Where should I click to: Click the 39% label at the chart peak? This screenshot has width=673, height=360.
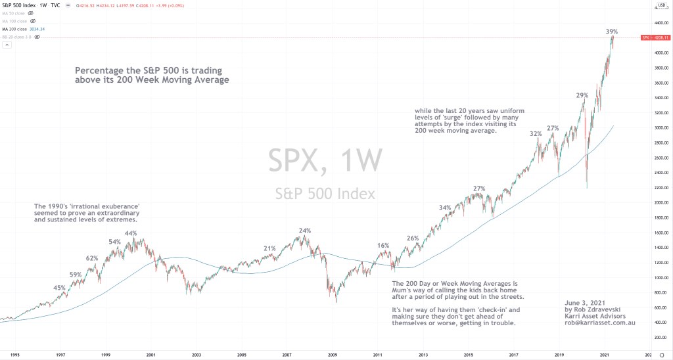pos(612,32)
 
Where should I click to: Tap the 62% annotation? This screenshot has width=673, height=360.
pos(92,258)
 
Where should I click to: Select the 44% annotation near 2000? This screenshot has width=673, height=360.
pos(131,233)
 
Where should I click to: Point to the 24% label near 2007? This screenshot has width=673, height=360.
pos(304,231)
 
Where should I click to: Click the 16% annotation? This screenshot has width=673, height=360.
pos(383,245)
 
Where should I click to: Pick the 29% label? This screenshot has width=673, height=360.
pos(582,95)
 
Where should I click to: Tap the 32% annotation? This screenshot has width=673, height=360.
pos(536,133)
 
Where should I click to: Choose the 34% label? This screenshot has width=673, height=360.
pos(445,208)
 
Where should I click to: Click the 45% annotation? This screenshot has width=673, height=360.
pos(59,288)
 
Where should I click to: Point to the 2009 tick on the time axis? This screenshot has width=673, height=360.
pos(333,354)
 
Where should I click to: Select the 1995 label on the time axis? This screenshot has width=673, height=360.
pos(14,354)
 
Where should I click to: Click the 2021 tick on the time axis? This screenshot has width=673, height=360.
pos(605,354)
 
